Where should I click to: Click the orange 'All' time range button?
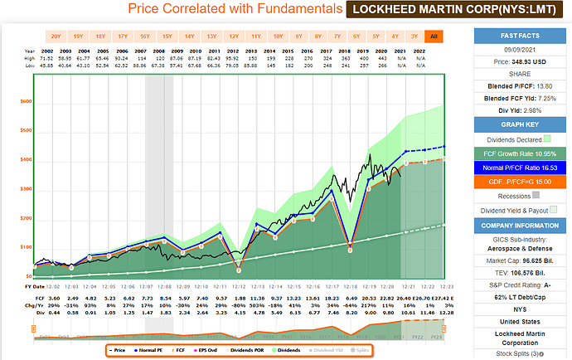(433, 36)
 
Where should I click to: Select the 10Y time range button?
(278, 36)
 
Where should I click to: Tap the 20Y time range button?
(56, 36)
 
